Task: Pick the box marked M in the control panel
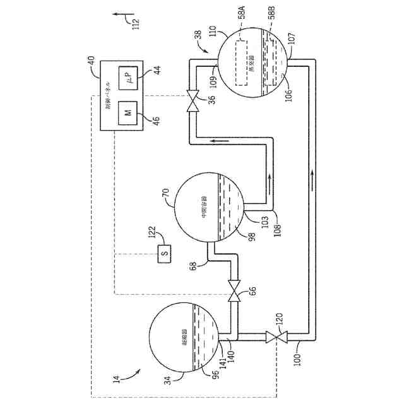point(127,113)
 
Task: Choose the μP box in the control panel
point(131,80)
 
